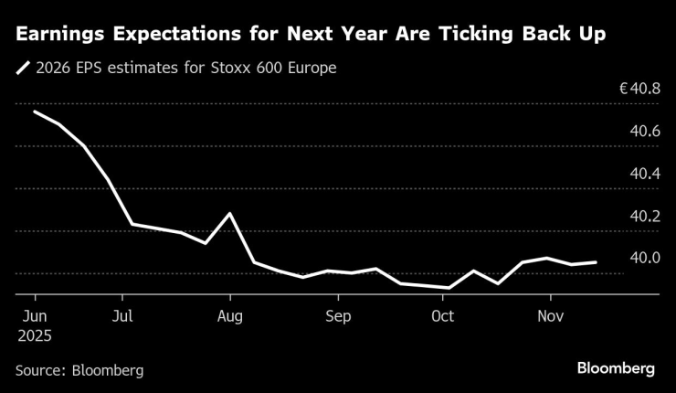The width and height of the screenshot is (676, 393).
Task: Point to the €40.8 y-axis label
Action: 639,90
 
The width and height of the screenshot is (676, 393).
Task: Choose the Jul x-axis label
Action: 121,316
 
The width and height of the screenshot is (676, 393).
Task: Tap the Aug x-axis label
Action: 230,316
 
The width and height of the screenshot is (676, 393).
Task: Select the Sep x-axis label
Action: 338,316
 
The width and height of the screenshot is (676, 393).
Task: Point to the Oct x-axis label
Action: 442,316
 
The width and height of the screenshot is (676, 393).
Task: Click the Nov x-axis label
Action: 550,316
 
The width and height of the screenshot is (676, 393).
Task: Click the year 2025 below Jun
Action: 34,335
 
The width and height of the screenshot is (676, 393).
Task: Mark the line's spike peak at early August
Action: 229,213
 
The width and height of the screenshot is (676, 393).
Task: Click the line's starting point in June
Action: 35,112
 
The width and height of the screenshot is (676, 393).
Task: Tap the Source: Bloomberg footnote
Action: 79,370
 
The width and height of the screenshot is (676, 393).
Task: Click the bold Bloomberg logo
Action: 615,368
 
